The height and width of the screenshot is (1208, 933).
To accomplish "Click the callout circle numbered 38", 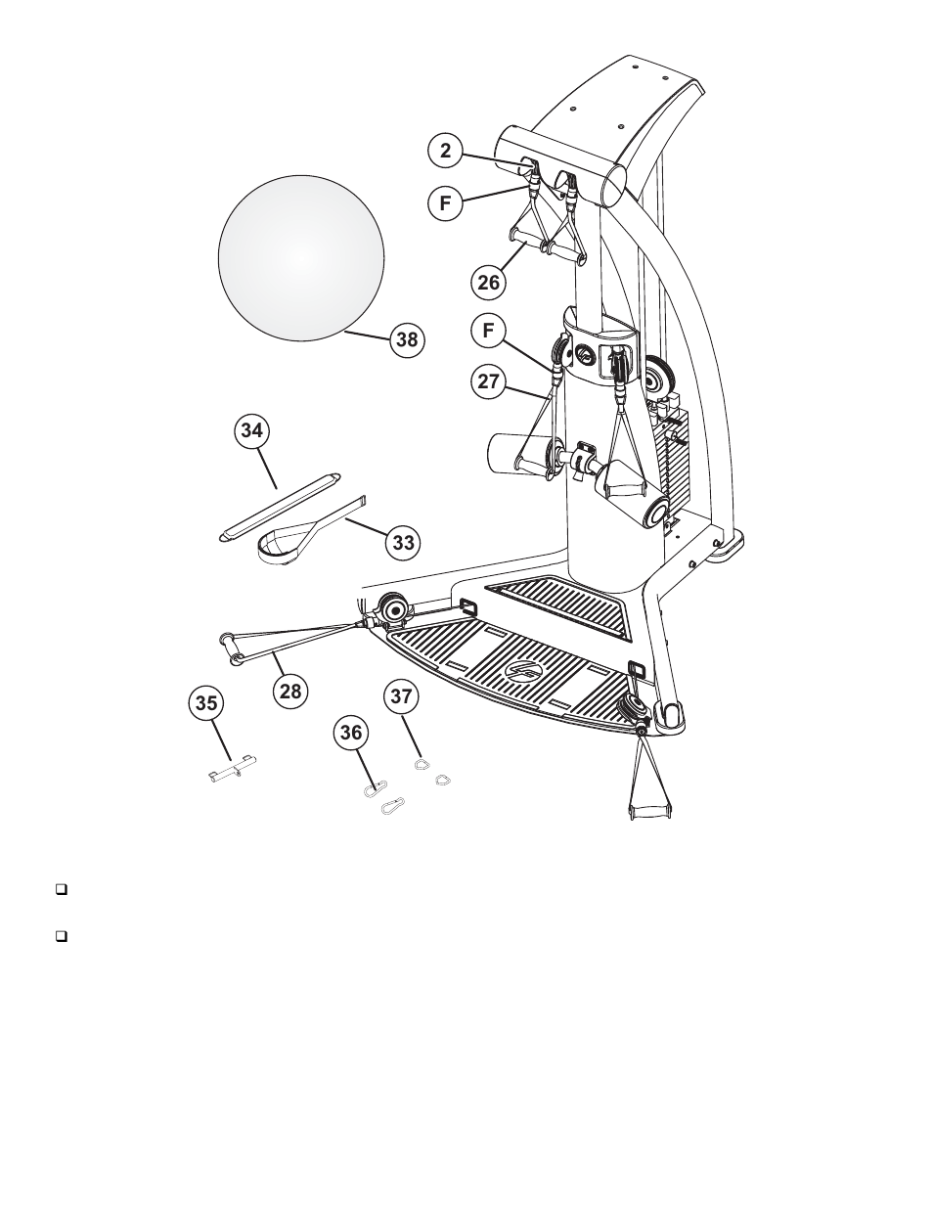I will pyautogui.click(x=406, y=339).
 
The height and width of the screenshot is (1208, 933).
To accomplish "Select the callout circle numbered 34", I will pyautogui.click(x=253, y=429).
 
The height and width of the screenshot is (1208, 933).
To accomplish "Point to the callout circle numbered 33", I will pyautogui.click(x=402, y=542).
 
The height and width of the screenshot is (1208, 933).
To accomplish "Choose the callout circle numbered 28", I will pyautogui.click(x=290, y=691).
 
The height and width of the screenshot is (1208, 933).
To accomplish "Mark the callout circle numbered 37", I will pyautogui.click(x=401, y=696).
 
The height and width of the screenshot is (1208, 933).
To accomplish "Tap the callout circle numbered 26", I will pyautogui.click(x=488, y=283).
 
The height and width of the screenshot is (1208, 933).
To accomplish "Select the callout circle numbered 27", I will pyautogui.click(x=488, y=381).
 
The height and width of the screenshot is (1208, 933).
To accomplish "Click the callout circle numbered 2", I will pyautogui.click(x=445, y=151).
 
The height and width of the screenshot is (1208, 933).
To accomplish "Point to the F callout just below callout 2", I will pyautogui.click(x=445, y=203).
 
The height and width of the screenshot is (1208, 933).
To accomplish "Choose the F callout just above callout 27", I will pyautogui.click(x=488, y=331).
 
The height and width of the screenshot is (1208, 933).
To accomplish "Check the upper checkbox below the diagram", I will pyautogui.click(x=61, y=891).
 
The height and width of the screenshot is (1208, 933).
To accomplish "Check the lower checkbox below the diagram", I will pyautogui.click(x=61, y=936).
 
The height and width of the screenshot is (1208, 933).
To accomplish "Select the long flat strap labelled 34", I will pyautogui.click(x=279, y=506).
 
